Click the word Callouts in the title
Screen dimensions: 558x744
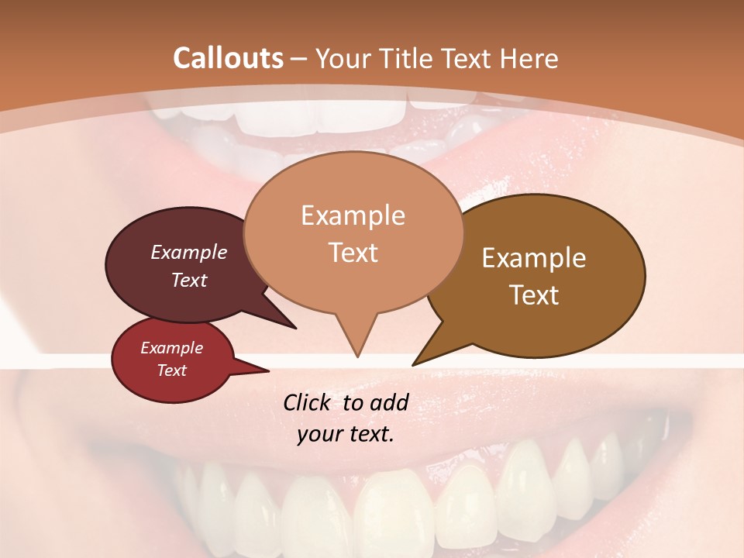[228, 58]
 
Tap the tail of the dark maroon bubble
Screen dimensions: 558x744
[293, 326]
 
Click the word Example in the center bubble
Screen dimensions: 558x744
[353, 215]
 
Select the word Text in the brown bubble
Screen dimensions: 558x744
[534, 295]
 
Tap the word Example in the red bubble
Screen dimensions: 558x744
[171, 348]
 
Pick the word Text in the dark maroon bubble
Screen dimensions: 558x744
[189, 280]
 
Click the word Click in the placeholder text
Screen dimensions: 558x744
[308, 402]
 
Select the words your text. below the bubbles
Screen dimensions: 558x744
[346, 434]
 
